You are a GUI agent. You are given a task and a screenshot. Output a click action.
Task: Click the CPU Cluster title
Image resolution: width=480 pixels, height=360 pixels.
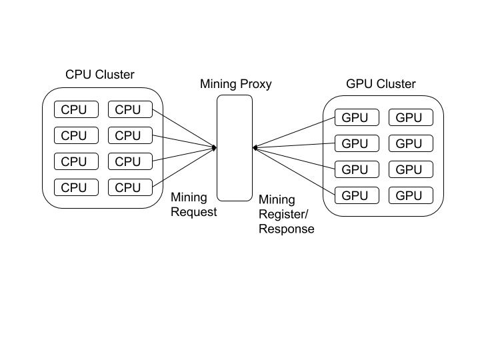99,75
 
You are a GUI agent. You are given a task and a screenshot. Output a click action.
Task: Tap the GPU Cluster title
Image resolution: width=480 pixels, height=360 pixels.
381,84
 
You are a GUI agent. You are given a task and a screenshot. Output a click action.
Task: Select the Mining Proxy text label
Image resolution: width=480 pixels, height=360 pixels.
236,84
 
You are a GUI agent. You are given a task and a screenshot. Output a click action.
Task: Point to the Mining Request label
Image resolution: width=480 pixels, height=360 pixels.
193,205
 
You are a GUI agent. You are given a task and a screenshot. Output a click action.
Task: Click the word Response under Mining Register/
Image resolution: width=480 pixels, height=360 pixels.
286,229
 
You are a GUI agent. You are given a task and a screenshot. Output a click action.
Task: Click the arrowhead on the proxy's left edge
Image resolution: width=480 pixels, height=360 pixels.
215,147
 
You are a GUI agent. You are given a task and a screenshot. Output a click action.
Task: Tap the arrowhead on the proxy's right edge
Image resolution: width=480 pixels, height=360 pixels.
255,147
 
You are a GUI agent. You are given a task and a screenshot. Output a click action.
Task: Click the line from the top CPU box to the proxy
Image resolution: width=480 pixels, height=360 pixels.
184,128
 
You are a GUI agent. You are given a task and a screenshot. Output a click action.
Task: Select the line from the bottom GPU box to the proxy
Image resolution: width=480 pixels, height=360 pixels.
293,171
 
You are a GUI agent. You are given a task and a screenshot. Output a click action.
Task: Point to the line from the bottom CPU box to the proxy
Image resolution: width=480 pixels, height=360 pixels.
184,167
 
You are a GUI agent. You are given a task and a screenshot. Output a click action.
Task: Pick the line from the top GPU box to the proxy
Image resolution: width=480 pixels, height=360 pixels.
293,133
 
